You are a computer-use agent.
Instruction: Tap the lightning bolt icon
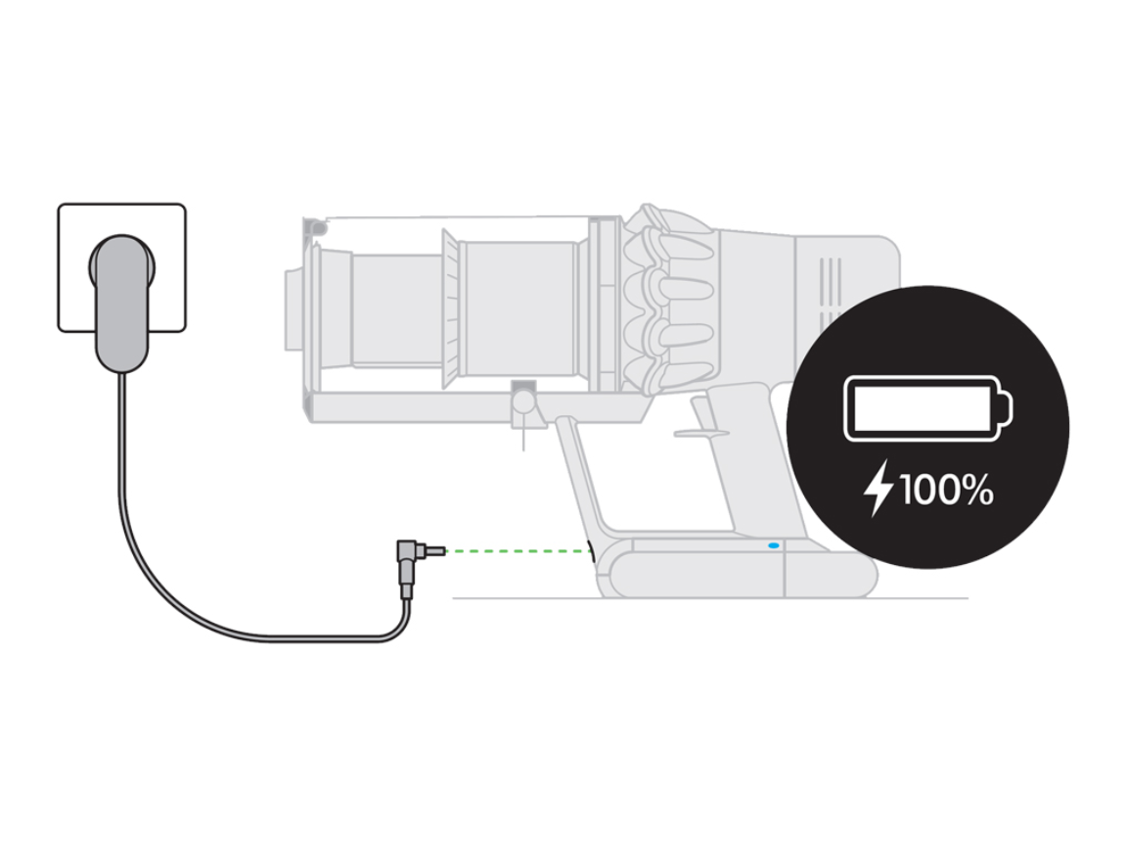point(878,491)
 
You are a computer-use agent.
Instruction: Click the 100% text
point(946,491)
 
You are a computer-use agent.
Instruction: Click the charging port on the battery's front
point(591,553)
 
